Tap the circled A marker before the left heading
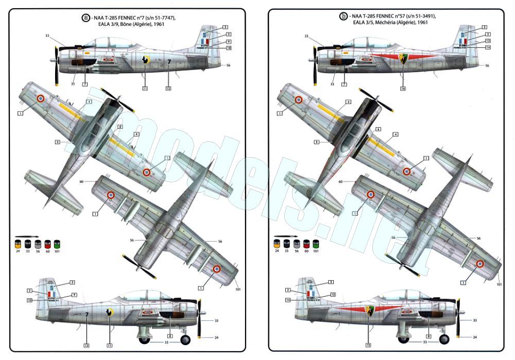(86, 18)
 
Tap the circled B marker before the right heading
(344, 16)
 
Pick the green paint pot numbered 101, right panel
(315, 243)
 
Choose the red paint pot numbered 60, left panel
(48, 243)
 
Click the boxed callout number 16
(403, 88)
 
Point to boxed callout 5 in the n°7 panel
(58, 141)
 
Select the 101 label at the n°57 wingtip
(499, 284)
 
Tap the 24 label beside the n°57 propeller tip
(474, 338)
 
